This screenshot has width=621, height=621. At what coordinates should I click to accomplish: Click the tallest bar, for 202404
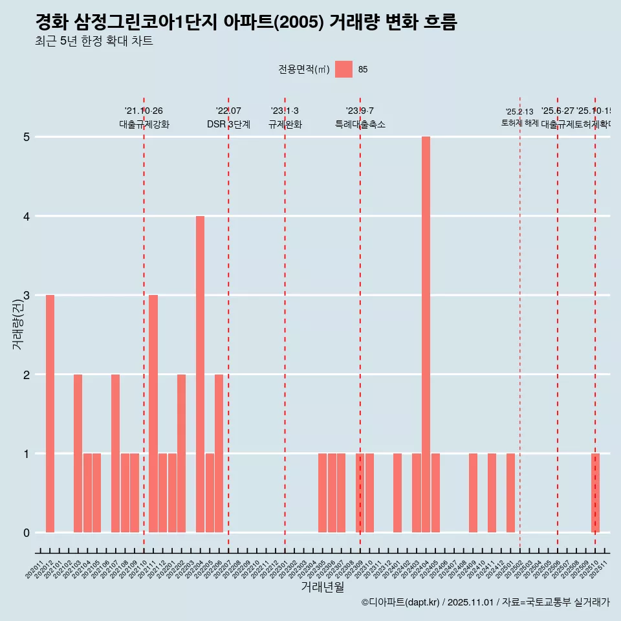426,334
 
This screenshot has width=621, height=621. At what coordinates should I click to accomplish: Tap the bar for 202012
50,413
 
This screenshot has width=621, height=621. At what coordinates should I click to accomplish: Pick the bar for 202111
153,413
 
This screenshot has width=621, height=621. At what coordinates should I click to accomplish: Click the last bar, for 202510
595,493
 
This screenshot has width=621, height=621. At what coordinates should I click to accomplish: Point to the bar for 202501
510,493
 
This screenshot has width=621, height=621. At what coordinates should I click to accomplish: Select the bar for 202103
78,453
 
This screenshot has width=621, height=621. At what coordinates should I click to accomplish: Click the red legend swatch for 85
344,69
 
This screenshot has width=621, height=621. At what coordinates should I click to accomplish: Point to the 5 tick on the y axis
27,137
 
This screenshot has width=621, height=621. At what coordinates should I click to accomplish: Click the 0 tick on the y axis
27,532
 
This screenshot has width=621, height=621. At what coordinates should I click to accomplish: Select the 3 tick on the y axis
27,296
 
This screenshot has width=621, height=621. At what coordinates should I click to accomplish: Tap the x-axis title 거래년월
322,587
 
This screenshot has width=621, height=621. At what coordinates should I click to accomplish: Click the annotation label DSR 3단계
228,124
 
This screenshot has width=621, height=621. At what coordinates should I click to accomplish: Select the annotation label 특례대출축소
360,124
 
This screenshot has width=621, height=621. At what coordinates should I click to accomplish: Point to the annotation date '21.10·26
144,111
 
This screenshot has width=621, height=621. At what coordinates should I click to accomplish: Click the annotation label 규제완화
285,124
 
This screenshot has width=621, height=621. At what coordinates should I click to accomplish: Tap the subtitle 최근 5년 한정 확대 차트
94,42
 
